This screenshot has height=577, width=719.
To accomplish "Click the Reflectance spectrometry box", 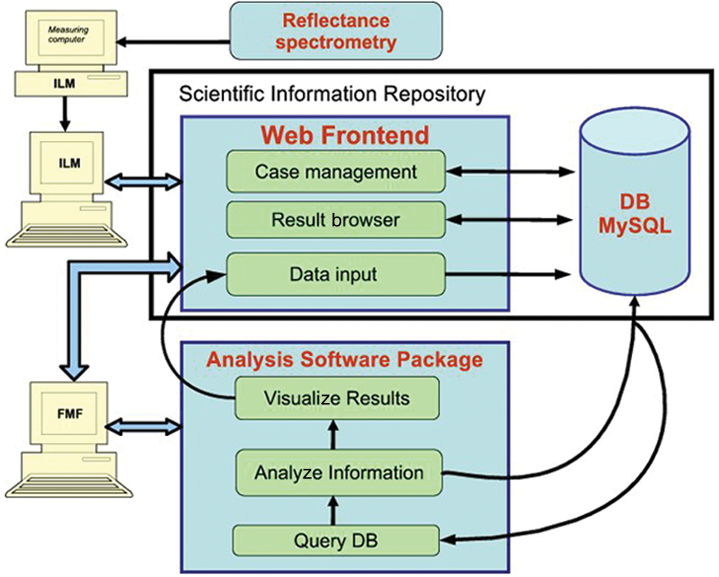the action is pyautogui.click(x=335, y=31).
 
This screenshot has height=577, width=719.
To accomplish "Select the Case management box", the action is pyautogui.click(x=335, y=172).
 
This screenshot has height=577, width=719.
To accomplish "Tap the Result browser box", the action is pyautogui.click(x=335, y=220).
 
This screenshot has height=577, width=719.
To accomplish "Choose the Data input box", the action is pyautogui.click(x=335, y=274).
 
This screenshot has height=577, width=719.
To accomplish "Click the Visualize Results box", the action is pyautogui.click(x=337, y=398).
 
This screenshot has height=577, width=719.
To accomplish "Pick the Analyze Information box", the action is pyautogui.click(x=339, y=473).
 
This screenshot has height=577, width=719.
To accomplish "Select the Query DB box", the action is pyautogui.click(x=336, y=541).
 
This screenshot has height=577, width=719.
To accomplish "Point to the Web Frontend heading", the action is pyautogui.click(x=345, y=135).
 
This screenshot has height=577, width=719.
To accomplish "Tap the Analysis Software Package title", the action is pyautogui.click(x=344, y=359).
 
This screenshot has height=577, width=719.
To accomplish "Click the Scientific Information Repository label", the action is pyautogui.click(x=332, y=94).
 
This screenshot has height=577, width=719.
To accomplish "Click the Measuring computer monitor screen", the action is pyautogui.click(x=69, y=36).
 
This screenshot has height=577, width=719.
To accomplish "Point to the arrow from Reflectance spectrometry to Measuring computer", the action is pyautogui.click(x=173, y=42).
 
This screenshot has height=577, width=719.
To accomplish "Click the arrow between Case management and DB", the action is pyautogui.click(x=510, y=172).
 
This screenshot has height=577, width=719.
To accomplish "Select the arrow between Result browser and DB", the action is pyautogui.click(x=510, y=220).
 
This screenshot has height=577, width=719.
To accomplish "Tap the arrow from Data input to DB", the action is pyautogui.click(x=508, y=274).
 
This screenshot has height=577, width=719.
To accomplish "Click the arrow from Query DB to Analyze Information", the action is pyautogui.click(x=333, y=510).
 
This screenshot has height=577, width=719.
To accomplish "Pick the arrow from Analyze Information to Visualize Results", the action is pyautogui.click(x=333, y=435).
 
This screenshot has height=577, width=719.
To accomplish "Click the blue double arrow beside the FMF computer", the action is pyautogui.click(x=144, y=426).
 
